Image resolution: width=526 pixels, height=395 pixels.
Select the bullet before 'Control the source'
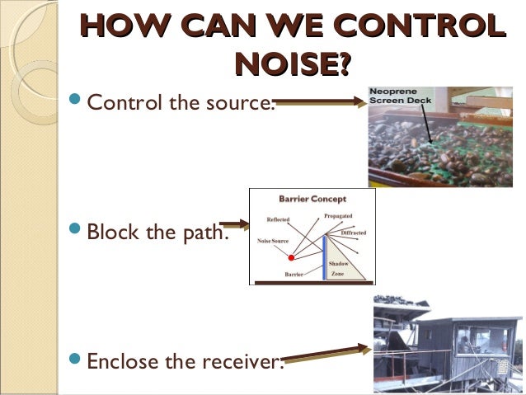[x=75, y=102]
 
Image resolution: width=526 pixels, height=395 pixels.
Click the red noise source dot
[x=291, y=257]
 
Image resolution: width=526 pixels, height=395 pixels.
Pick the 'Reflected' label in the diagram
[x=277, y=219]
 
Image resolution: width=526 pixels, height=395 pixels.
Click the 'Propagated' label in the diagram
[x=338, y=215]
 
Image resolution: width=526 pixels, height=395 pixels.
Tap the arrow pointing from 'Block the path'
[x=235, y=223]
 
